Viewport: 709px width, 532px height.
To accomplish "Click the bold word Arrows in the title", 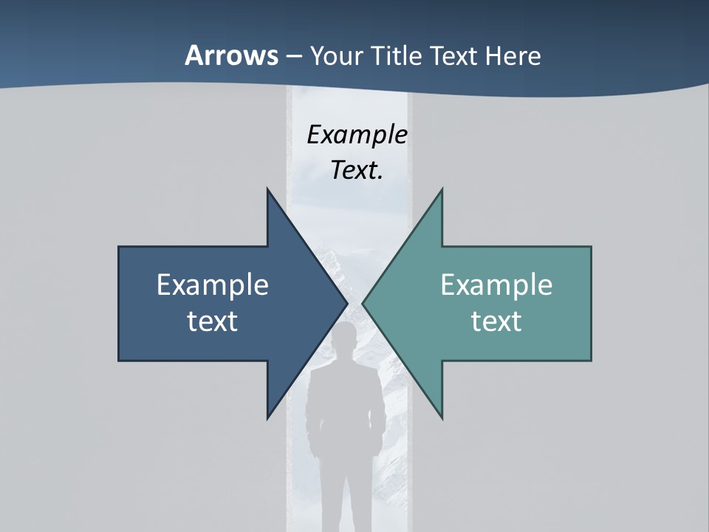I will click(x=230, y=55).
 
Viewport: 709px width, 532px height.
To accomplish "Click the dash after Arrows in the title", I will click(x=293, y=57).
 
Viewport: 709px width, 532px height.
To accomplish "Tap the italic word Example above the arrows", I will click(x=357, y=135).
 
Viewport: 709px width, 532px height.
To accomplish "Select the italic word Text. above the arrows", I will click(x=357, y=170).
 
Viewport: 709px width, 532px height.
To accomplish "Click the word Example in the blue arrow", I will click(x=213, y=284).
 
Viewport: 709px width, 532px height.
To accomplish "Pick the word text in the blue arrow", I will click(x=213, y=321).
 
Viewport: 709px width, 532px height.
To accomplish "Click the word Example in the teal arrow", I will click(x=496, y=284).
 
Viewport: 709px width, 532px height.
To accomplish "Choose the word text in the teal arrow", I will click(x=496, y=321).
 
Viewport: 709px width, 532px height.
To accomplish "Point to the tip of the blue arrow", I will click(x=347, y=304).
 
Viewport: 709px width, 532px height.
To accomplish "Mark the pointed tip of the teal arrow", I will click(x=363, y=304).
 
